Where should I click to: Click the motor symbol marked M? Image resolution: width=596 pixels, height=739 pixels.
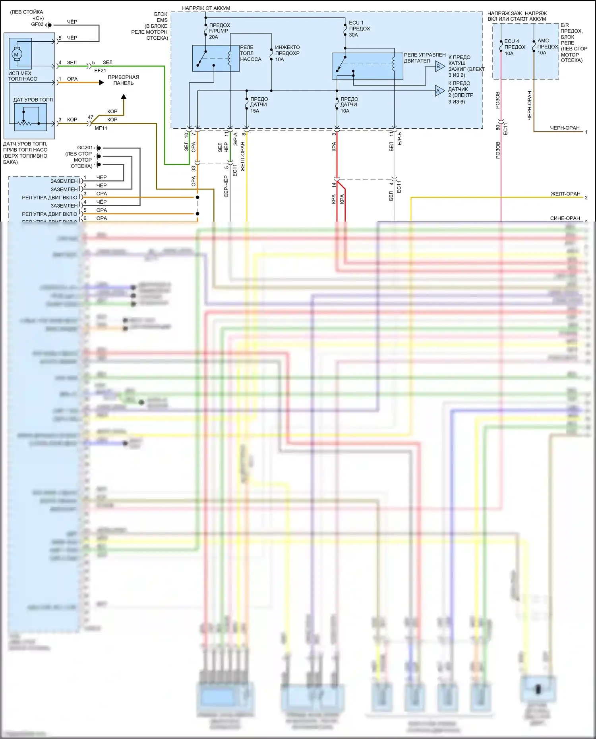pyautogui.click(x=16, y=54)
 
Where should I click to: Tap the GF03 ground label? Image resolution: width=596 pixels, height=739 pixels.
pyautogui.click(x=37, y=25)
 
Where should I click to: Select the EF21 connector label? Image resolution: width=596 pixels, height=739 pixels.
pyautogui.click(x=100, y=71)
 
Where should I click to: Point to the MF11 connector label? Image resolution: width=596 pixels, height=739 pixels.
pyautogui.click(x=101, y=128)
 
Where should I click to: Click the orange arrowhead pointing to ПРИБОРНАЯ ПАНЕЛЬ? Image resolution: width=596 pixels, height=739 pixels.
pyautogui.click(x=101, y=83)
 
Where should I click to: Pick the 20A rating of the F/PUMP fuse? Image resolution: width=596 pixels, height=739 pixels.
pyautogui.click(x=213, y=37)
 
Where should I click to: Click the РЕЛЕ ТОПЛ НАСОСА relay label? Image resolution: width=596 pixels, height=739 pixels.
pyautogui.click(x=250, y=53)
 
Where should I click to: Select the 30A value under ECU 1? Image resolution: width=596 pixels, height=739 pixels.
pyautogui.click(x=353, y=35)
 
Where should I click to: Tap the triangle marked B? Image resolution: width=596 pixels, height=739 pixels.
pyautogui.click(x=439, y=66)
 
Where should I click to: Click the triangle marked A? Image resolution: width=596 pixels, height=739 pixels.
pyautogui.click(x=439, y=91)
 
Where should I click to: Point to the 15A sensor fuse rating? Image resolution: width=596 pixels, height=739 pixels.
pyautogui.click(x=255, y=111)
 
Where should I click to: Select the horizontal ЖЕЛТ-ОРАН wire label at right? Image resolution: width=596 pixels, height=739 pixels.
pyautogui.click(x=565, y=194)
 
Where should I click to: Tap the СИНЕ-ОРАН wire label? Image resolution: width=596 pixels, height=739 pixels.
pyautogui.click(x=565, y=218)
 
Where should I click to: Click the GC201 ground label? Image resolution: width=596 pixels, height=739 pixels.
pyautogui.click(x=85, y=148)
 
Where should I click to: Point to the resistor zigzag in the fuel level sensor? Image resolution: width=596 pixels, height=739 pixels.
pyautogui.click(x=24, y=123)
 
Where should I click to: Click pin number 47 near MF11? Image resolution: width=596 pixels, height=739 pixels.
pyautogui.click(x=91, y=118)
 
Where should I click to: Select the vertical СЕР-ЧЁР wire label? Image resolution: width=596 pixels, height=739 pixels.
pyautogui.click(x=226, y=187)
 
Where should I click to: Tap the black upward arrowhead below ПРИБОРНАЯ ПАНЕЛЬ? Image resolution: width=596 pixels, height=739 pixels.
pyautogui.click(x=124, y=96)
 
